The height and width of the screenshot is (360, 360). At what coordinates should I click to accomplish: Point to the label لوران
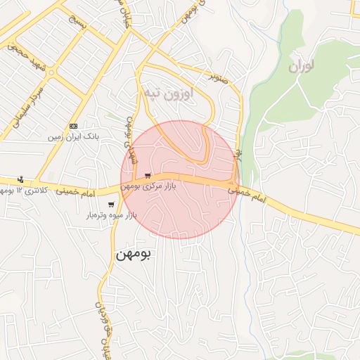(x=303, y=66)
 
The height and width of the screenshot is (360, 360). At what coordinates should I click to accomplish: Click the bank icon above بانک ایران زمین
(x=74, y=126)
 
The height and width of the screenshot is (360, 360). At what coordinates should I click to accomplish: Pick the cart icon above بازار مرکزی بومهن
(x=147, y=175)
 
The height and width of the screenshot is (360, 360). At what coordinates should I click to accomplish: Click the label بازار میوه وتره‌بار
(x=112, y=214)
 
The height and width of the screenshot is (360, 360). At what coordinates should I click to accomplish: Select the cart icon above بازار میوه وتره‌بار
(x=111, y=204)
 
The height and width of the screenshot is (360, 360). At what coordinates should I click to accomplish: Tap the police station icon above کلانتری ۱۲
(x=20, y=179)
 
